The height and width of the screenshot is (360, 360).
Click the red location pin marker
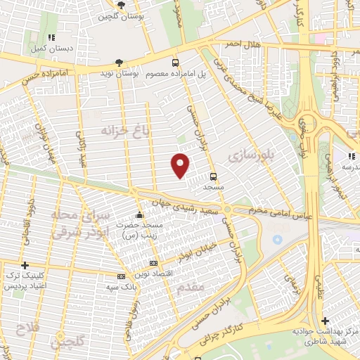[181, 165]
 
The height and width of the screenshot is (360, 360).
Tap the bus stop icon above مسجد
[213, 176]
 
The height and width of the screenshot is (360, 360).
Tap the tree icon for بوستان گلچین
[122, 5]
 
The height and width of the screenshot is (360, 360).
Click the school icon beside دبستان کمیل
[50, 37]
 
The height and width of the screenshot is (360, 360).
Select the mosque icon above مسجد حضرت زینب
[140, 214]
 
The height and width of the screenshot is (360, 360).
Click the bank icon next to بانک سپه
[121, 276]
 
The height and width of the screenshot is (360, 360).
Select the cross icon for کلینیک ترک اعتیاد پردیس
[25, 266]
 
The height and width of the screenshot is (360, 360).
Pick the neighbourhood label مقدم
[191, 288]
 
